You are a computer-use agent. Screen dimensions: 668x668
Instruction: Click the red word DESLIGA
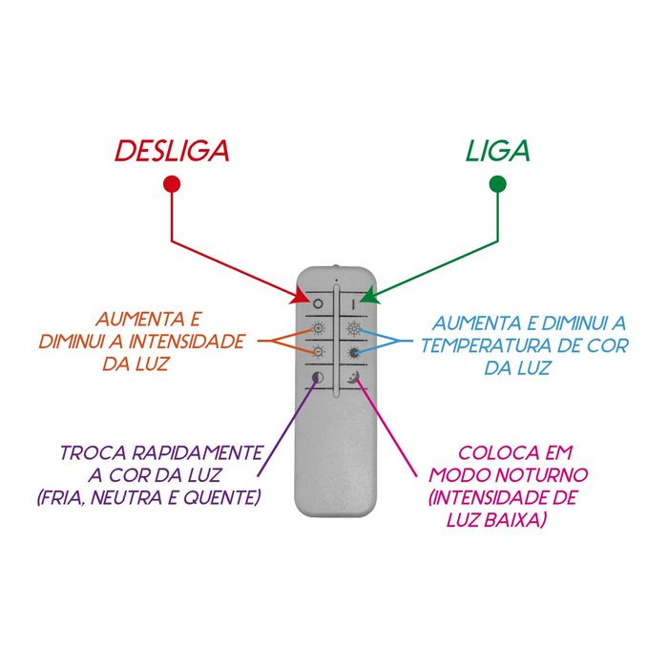pyautogui.click(x=173, y=151)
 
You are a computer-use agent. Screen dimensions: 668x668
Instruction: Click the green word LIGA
pyautogui.click(x=497, y=151)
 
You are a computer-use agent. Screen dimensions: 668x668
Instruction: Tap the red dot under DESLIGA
pyautogui.click(x=172, y=184)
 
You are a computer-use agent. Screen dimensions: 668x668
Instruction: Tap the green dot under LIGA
pyautogui.click(x=496, y=184)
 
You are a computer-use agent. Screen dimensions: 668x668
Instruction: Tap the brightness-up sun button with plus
pyautogui.click(x=318, y=330)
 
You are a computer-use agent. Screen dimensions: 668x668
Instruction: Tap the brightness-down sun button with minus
pyautogui.click(x=318, y=353)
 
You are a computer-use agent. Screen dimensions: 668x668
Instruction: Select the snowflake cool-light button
pyautogui.click(x=353, y=330)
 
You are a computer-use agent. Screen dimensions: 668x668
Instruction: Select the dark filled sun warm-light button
pyautogui.click(x=353, y=353)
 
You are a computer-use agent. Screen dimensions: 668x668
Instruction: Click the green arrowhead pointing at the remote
pyautogui.click(x=372, y=298)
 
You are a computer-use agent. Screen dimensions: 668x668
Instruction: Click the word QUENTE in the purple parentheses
pyautogui.click(x=230, y=497)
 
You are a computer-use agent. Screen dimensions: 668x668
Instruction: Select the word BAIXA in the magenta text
pyautogui.click(x=524, y=520)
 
